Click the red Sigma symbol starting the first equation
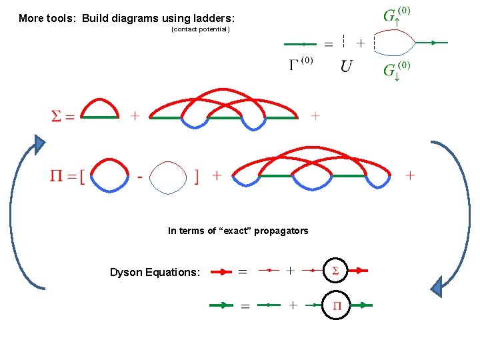point(57,116)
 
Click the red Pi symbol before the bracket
point(58,176)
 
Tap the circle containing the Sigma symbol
point(335,271)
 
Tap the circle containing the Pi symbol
point(337,306)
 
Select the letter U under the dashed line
point(347,66)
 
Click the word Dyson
point(127,272)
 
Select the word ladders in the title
point(213,18)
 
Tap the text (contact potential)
point(201,29)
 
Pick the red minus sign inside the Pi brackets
point(139,177)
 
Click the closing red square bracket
point(196,177)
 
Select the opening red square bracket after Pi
point(81,177)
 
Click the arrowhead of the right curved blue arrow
point(437,287)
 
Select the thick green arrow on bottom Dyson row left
point(221,305)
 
